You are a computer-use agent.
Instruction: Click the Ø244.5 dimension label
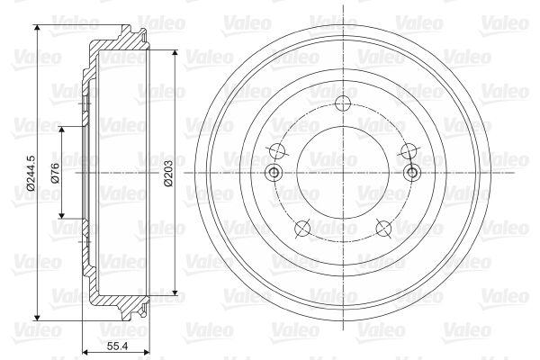coord(31,173)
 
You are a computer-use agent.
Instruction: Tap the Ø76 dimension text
coord(55,173)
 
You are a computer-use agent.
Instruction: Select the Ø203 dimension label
coord(168,173)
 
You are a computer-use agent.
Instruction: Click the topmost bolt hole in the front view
coord(343,103)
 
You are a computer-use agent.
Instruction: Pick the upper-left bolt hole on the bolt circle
coord(277,150)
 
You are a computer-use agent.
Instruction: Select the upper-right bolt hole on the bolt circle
coord(409,150)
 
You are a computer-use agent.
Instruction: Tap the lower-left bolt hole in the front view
coord(302,228)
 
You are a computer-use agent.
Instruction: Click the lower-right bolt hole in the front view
coord(383,228)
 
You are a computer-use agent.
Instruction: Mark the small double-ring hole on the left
coord(274,172)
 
